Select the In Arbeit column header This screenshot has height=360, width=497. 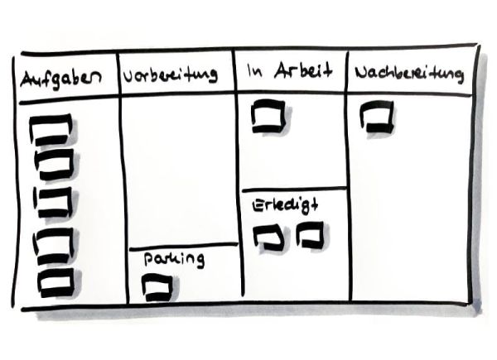pos(289,72)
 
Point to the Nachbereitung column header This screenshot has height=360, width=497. pos(408,74)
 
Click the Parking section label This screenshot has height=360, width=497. pos(173,259)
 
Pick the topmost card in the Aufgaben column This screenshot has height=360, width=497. pos(52,130)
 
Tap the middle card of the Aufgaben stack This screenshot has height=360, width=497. pos(53,201)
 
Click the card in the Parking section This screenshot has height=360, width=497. pos(157,286)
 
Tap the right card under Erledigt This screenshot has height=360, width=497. pos(310,237)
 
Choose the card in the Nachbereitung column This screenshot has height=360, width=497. pos(377,117)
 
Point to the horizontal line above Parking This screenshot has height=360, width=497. pos(182,245)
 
